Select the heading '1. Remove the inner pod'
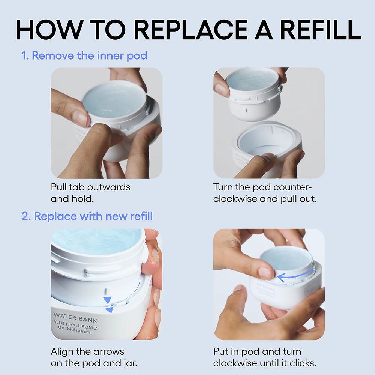pos(84,56)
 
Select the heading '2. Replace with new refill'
pos(87,216)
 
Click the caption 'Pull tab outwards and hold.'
pos(90,192)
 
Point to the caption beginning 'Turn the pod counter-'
pos(265,192)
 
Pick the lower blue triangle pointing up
pos(109,310)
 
